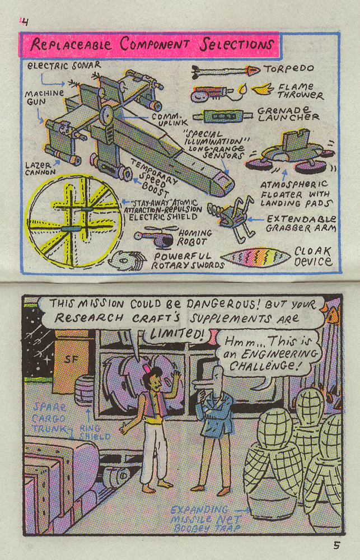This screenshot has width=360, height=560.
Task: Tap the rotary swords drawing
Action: (128, 260)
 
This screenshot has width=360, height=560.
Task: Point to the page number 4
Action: (25, 22)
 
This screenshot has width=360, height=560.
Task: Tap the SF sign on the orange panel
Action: (71, 359)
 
